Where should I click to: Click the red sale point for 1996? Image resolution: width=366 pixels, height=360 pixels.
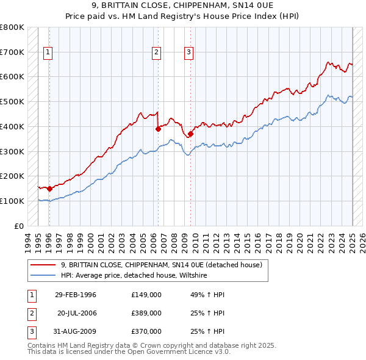coord(49,189)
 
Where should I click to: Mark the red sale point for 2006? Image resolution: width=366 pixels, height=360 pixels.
coord(158,129)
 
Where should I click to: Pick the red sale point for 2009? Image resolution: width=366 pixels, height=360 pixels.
coord(191,134)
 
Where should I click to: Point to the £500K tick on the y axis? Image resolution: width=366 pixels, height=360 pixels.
coord(12,101)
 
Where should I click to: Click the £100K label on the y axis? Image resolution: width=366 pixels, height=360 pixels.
coord(12,201)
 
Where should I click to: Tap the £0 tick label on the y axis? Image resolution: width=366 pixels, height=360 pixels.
coord(20,226)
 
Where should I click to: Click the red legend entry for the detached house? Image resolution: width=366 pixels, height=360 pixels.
coord(161,265)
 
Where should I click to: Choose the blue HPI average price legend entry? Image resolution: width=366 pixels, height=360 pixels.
coord(134,276)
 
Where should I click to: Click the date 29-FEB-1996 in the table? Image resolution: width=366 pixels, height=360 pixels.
coord(76,295)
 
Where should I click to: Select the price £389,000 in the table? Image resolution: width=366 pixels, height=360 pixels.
coord(146,313)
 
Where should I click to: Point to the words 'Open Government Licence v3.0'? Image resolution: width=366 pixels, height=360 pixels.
coord(181,352)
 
